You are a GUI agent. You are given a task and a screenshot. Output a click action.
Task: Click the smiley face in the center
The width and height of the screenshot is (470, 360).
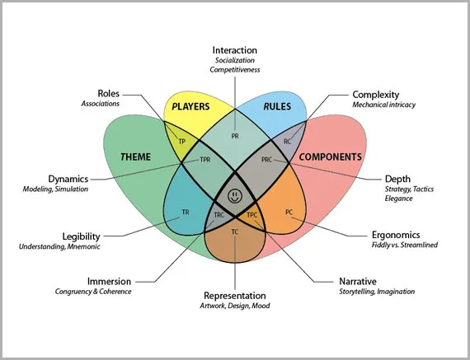235,196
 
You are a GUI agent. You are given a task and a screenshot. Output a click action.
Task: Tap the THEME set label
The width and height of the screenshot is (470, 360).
135,157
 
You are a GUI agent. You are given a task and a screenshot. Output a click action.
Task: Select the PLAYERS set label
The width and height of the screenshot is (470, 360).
190,106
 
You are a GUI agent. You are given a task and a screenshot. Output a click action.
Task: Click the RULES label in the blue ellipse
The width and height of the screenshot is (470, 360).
277,106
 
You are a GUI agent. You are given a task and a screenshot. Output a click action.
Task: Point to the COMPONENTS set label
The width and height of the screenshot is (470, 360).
331,157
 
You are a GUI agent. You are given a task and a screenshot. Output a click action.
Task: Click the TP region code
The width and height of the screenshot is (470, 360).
182,142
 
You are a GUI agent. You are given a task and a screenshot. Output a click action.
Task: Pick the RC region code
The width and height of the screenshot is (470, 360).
288,142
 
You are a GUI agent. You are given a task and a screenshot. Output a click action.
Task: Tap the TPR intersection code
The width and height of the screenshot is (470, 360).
205,160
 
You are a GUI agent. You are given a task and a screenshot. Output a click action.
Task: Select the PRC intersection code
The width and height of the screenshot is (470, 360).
267,160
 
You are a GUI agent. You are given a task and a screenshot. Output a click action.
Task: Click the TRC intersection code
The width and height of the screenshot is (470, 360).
219,215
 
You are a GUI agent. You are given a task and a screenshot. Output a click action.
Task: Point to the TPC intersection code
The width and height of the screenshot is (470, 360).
251,215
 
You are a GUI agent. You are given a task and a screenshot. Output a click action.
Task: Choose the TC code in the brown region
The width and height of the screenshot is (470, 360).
235,231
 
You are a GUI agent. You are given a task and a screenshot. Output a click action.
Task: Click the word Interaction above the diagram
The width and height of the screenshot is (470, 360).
235,50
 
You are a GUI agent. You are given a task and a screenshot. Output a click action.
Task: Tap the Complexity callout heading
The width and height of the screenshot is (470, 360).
375,95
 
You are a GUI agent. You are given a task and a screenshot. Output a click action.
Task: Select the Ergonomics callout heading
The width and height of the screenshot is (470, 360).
396,235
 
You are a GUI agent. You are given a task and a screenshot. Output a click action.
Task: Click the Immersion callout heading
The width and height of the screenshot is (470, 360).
109,282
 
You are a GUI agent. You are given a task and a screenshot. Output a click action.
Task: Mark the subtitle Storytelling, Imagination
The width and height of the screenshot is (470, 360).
377,292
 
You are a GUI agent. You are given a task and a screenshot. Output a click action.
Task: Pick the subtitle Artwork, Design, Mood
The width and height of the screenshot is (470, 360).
235,306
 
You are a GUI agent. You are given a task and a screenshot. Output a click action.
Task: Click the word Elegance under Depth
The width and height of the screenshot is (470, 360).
398,199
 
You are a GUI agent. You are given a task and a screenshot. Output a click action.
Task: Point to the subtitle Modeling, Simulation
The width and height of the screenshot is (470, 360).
55,189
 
